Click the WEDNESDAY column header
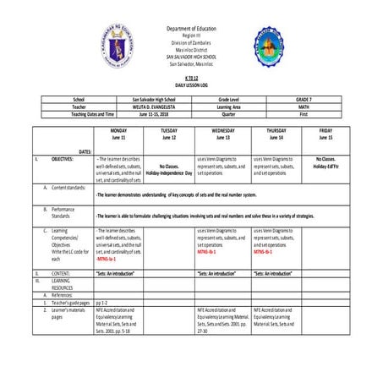[224, 132]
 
